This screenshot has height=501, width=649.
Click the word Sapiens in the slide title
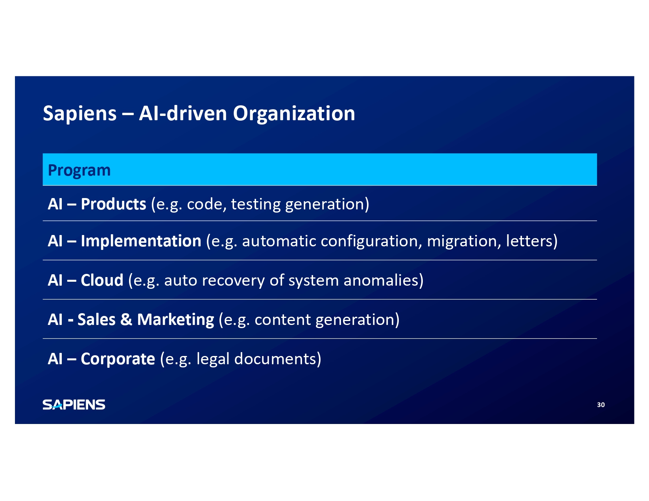80,114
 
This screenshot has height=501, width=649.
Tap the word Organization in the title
294,114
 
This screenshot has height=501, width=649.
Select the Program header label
79,171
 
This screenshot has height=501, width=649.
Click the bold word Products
114,204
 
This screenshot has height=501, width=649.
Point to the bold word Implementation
141,241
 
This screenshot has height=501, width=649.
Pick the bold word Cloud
102,281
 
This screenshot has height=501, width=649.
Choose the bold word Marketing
175,320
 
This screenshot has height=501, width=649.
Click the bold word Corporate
118,359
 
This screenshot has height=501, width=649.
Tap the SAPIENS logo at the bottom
74,405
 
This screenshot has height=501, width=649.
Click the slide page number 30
601,405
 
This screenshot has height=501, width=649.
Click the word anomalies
381,281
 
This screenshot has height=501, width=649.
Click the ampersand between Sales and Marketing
126,319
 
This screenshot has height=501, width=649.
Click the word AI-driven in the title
183,114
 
